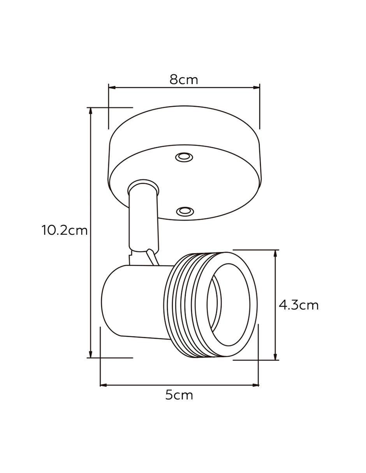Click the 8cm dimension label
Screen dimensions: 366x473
[184, 80]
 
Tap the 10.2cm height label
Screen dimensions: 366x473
[65, 230]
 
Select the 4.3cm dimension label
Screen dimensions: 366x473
[299, 305]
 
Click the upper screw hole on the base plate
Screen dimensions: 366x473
[184, 157]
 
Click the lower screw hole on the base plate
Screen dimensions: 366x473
[185, 211]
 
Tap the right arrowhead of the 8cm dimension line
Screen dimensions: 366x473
[256, 88]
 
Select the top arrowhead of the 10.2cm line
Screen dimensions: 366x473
[91, 111]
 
